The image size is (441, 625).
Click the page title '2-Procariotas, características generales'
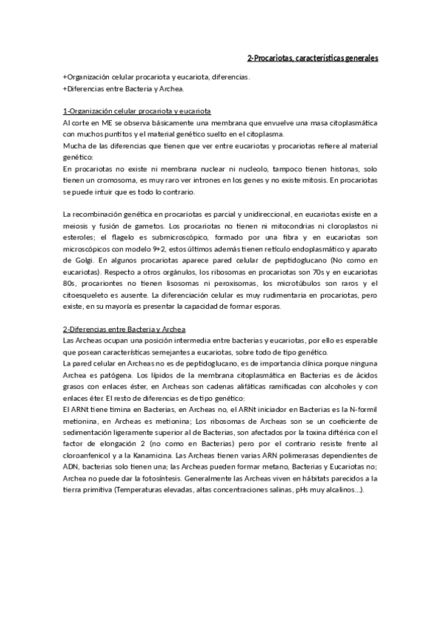pos(313,57)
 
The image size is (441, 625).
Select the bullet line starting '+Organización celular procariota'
pos(156,77)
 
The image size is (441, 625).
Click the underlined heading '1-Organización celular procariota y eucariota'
pos(138,111)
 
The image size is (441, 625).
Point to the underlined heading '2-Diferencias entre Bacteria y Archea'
pos(124,327)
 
